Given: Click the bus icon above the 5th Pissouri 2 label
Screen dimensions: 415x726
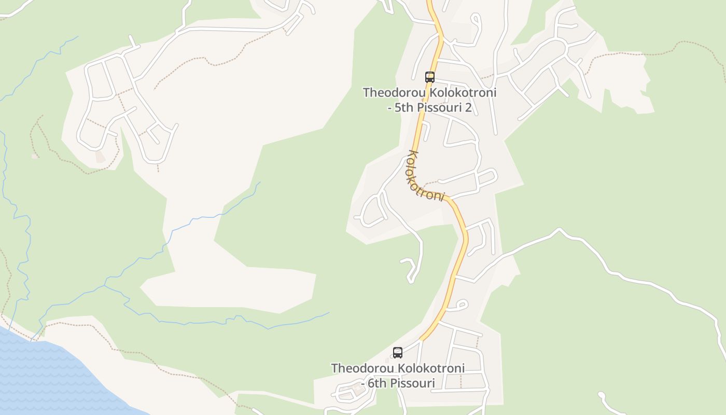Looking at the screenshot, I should click(x=429, y=77).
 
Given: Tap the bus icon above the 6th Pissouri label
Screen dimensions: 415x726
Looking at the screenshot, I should click(x=398, y=353).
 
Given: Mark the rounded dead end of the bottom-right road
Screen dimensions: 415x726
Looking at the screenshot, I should click(x=602, y=396).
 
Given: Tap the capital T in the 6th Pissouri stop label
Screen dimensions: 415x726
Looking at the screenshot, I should click(x=335, y=368).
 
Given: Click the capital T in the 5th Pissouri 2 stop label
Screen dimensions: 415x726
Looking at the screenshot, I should click(x=367, y=93).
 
